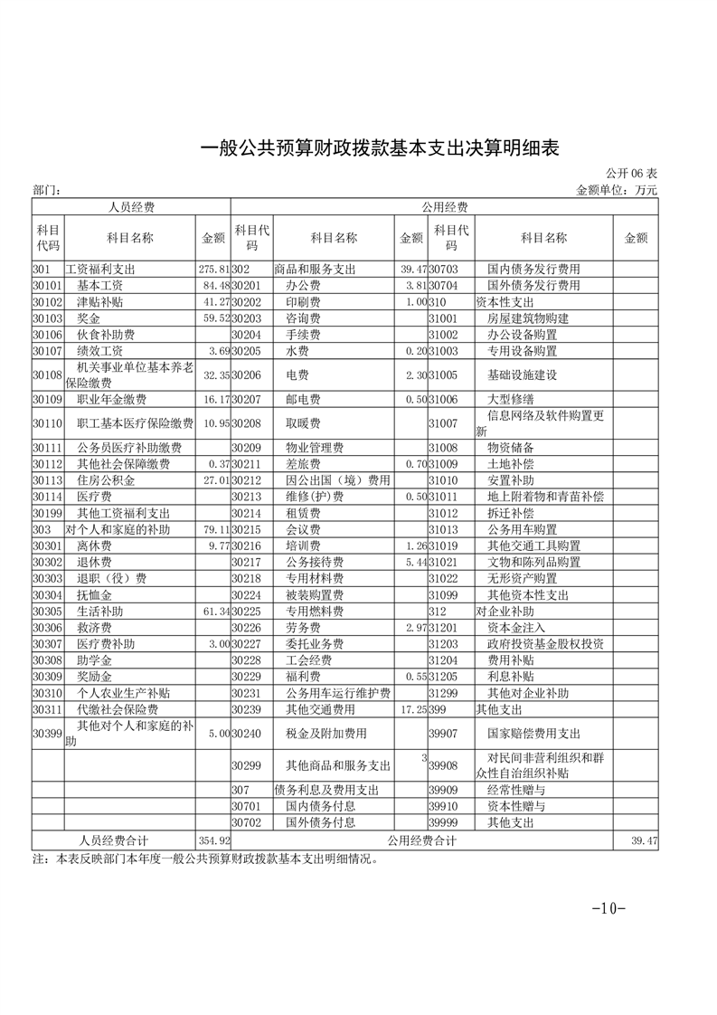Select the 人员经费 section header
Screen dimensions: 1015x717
pyautogui.click(x=131, y=207)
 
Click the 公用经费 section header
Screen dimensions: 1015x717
pyautogui.click(x=444, y=207)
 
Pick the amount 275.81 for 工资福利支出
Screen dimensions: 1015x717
pyautogui.click(x=213, y=270)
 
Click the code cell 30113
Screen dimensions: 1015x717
pyautogui.click(x=46, y=480)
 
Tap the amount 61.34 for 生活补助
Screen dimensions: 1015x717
pyautogui.click(x=213, y=612)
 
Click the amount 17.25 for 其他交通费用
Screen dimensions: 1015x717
pyautogui.click(x=411, y=709)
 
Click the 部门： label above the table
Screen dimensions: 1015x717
pyautogui.click(x=46, y=191)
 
